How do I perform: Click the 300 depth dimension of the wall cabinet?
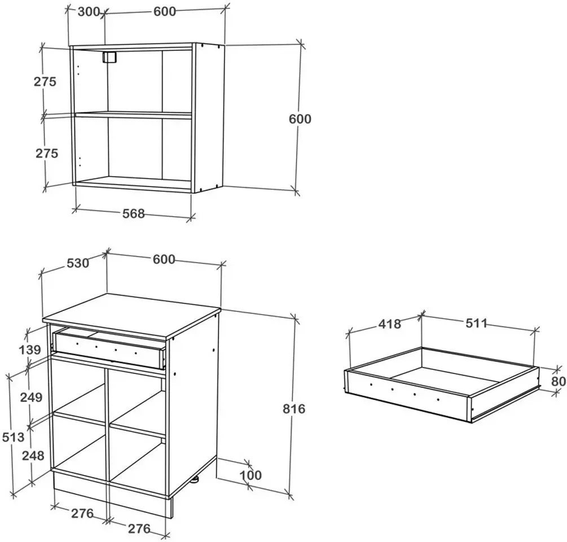(88, 12)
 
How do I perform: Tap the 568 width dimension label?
(134, 213)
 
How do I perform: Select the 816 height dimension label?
(294, 409)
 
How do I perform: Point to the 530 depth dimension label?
(78, 263)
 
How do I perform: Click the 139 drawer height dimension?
(30, 350)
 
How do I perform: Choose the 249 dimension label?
(31, 397)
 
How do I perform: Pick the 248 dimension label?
(33, 456)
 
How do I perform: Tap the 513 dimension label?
(14, 437)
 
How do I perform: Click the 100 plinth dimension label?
(251, 475)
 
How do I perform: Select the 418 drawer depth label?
(390, 324)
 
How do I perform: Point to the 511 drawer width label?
(476, 323)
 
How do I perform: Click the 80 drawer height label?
(559, 381)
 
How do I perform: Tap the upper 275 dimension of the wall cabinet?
(45, 81)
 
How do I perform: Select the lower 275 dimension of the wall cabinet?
(47, 154)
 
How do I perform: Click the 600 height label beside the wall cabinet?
(300, 119)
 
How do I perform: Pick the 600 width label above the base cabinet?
(164, 259)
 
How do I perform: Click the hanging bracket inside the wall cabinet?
(109, 57)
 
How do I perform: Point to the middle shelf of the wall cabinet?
(133, 115)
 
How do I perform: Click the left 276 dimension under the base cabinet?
(82, 513)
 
